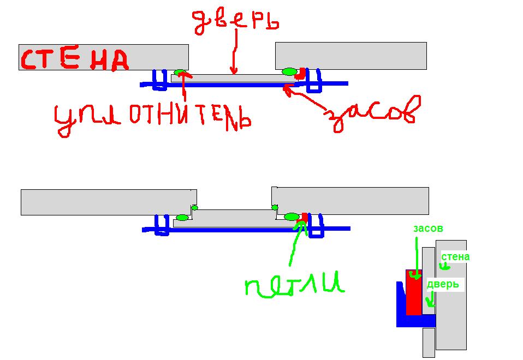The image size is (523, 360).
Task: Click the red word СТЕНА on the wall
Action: pos(74,61)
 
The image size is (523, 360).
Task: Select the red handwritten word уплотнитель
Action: pos(153,118)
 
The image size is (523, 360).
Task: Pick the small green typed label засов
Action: pos(428,229)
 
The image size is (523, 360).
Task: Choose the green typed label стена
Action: pos(455,257)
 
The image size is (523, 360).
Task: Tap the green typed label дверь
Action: pos(443,284)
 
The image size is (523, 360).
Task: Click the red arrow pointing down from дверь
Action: pos(235,51)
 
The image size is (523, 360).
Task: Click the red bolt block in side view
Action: pos(414,292)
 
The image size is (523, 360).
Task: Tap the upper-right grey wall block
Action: pos(351,56)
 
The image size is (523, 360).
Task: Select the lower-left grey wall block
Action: pos(109,202)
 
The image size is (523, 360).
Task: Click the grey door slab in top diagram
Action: pos(234,79)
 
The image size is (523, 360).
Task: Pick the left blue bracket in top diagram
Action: pos(159,80)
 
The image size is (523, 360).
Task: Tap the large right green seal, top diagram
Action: pos(289,71)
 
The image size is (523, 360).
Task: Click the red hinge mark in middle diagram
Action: pos(305,217)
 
